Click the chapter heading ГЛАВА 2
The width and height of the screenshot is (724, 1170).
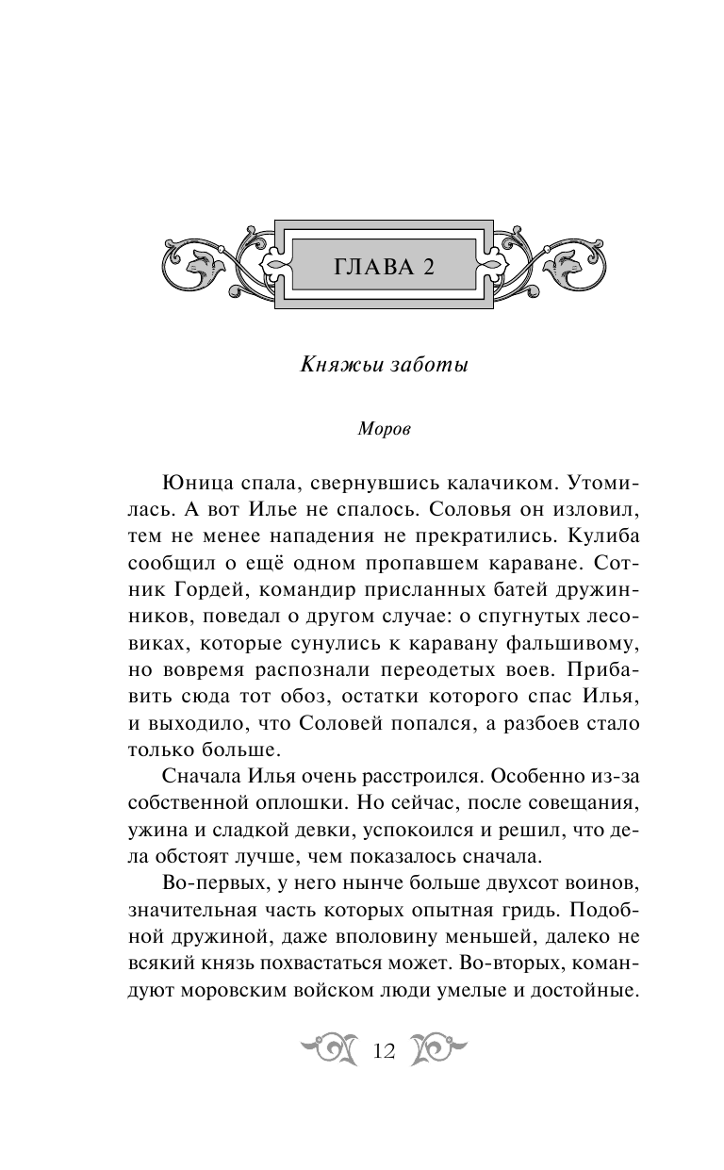point(383,267)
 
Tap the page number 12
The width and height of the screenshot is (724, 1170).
point(383,1051)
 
